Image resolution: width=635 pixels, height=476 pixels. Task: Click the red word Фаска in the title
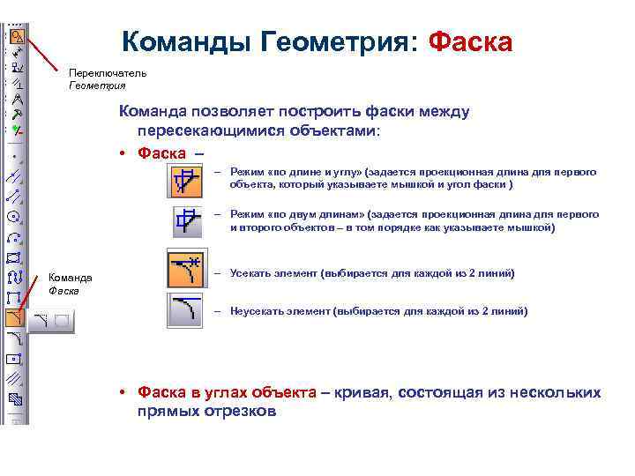point(469,41)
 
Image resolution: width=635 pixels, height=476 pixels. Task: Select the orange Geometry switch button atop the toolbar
point(15,36)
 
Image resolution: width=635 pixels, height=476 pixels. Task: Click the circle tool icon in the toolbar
point(14,216)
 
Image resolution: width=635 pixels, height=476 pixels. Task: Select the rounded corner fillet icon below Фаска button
point(14,338)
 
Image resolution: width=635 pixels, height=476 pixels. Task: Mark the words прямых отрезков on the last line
point(206,411)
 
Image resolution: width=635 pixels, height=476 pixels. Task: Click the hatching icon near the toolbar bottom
point(14,379)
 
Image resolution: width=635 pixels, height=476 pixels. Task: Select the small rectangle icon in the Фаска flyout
point(62,322)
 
